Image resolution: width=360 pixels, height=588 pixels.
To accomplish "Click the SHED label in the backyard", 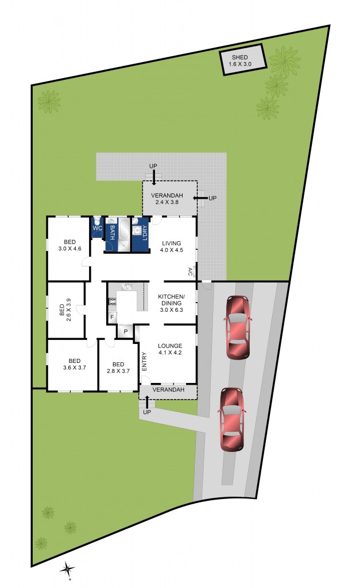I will click(x=241, y=61).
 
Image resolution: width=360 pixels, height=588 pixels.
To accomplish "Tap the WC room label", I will click(x=97, y=228).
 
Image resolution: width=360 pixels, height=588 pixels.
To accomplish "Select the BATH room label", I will click(x=112, y=233).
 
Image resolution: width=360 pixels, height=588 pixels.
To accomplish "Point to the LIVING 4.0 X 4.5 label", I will click(x=171, y=246).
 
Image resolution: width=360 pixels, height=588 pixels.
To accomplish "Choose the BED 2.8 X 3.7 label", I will click(x=118, y=367).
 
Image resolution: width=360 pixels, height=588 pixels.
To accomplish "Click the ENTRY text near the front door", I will click(x=144, y=361).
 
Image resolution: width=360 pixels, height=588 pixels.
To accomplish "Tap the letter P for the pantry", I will click(x=125, y=332).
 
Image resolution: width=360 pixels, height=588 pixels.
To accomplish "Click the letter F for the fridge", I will click(x=112, y=316).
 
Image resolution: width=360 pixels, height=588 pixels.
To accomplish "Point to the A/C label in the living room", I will click(x=190, y=270).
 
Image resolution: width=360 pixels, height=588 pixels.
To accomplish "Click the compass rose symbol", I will click(x=68, y=569).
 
